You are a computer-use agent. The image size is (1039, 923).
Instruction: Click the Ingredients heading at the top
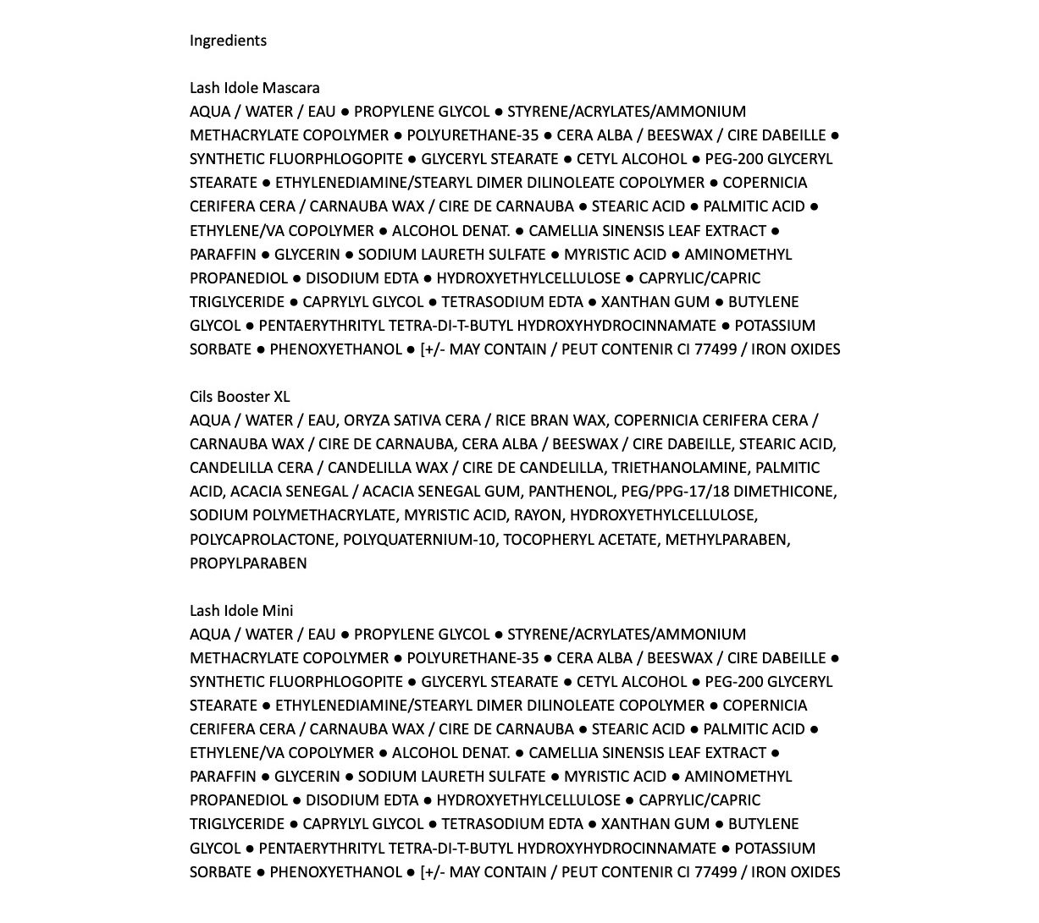228,41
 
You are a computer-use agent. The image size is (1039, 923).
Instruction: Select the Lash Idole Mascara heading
254,88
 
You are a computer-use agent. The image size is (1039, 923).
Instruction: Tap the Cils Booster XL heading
240,397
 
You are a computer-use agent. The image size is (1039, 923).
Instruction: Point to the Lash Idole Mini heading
241,611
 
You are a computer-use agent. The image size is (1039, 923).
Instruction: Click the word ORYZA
368,420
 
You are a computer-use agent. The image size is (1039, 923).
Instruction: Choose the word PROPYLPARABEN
248,563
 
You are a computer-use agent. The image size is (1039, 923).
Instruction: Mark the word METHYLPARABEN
727,540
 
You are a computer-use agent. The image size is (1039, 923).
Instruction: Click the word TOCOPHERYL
545,540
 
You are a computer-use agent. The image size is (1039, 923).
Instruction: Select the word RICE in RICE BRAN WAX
512,420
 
